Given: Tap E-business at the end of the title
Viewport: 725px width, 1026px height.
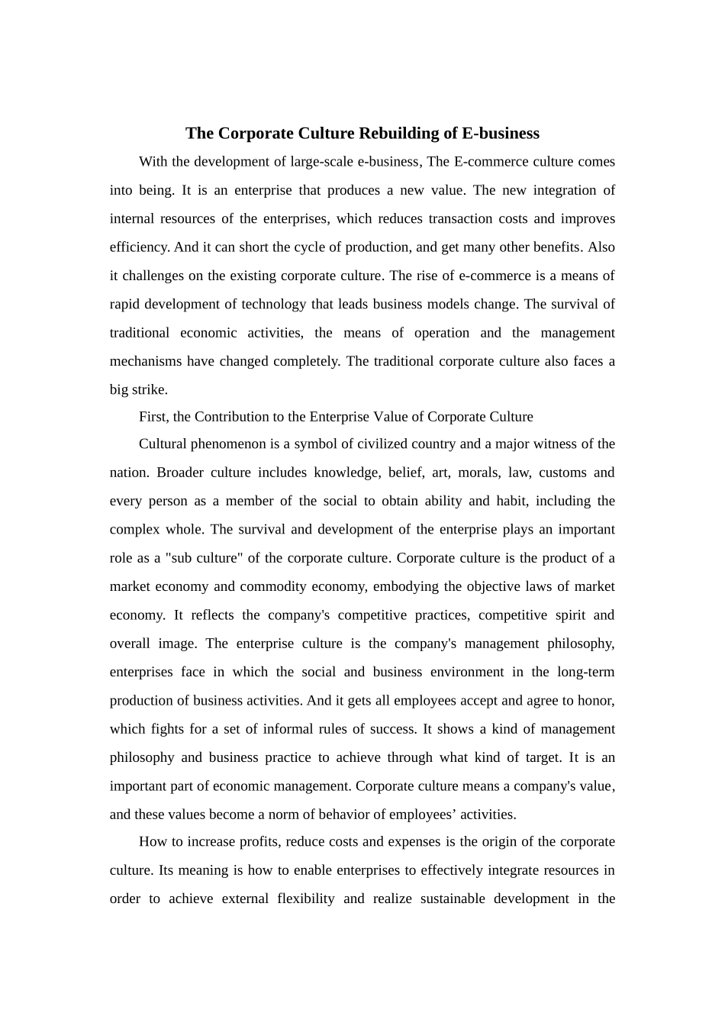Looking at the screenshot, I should [x=501, y=134].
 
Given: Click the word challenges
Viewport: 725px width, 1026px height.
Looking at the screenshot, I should [x=155, y=276].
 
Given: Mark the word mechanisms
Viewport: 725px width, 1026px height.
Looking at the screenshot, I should [x=146, y=361].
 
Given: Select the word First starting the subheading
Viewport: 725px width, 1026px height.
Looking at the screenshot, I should [x=153, y=417].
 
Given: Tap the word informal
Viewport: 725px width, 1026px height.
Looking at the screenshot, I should [x=288, y=729].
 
